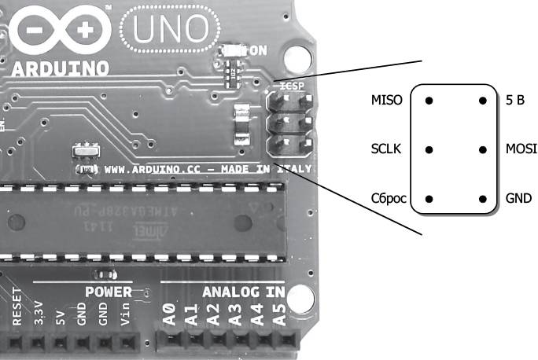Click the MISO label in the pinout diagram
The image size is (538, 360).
pyautogui.click(x=386, y=101)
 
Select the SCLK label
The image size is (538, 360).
pyautogui.click(x=386, y=149)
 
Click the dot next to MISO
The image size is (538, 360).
pyautogui.click(x=429, y=101)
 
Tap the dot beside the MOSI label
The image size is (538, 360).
pyautogui.click(x=482, y=149)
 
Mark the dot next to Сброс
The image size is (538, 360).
pyautogui.click(x=429, y=198)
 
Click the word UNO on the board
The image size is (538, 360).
pyautogui.click(x=171, y=29)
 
